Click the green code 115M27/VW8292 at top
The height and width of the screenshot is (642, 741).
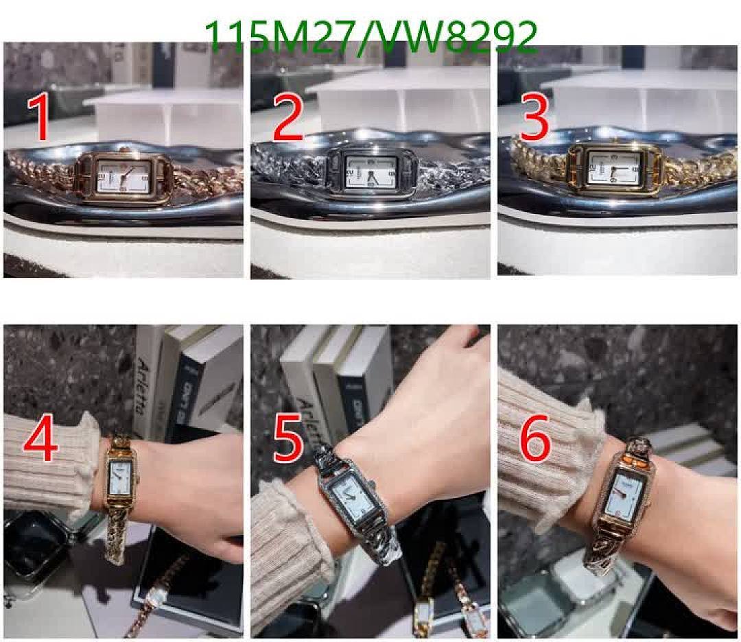tap(371, 37)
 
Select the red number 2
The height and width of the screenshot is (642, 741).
tap(287, 118)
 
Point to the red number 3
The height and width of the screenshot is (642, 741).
tap(534, 118)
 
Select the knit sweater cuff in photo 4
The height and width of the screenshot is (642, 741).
tap(48, 466)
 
